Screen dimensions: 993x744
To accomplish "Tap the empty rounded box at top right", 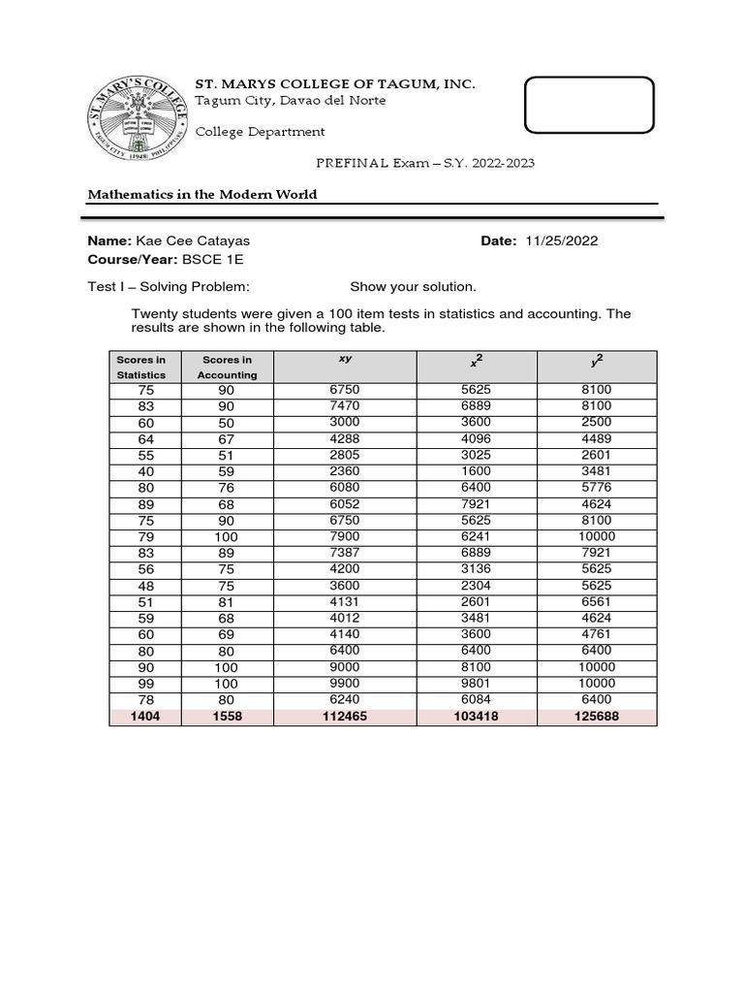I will pos(589,104).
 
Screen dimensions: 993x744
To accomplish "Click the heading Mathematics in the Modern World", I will pos(202,194).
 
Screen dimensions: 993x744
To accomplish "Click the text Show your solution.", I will pos(413,287).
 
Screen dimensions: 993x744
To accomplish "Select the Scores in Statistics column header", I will pos(141,367).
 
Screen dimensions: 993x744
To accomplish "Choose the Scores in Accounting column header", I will pos(228,367).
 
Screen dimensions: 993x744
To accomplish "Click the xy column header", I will pos(345,360).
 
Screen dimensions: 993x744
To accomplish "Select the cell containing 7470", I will pos(345,405).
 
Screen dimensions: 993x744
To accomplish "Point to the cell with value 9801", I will pos(476,683).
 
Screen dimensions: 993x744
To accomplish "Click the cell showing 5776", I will pos(598,487).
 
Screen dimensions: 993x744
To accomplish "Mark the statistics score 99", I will pos(141,683).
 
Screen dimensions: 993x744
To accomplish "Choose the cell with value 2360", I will pos(345,470).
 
